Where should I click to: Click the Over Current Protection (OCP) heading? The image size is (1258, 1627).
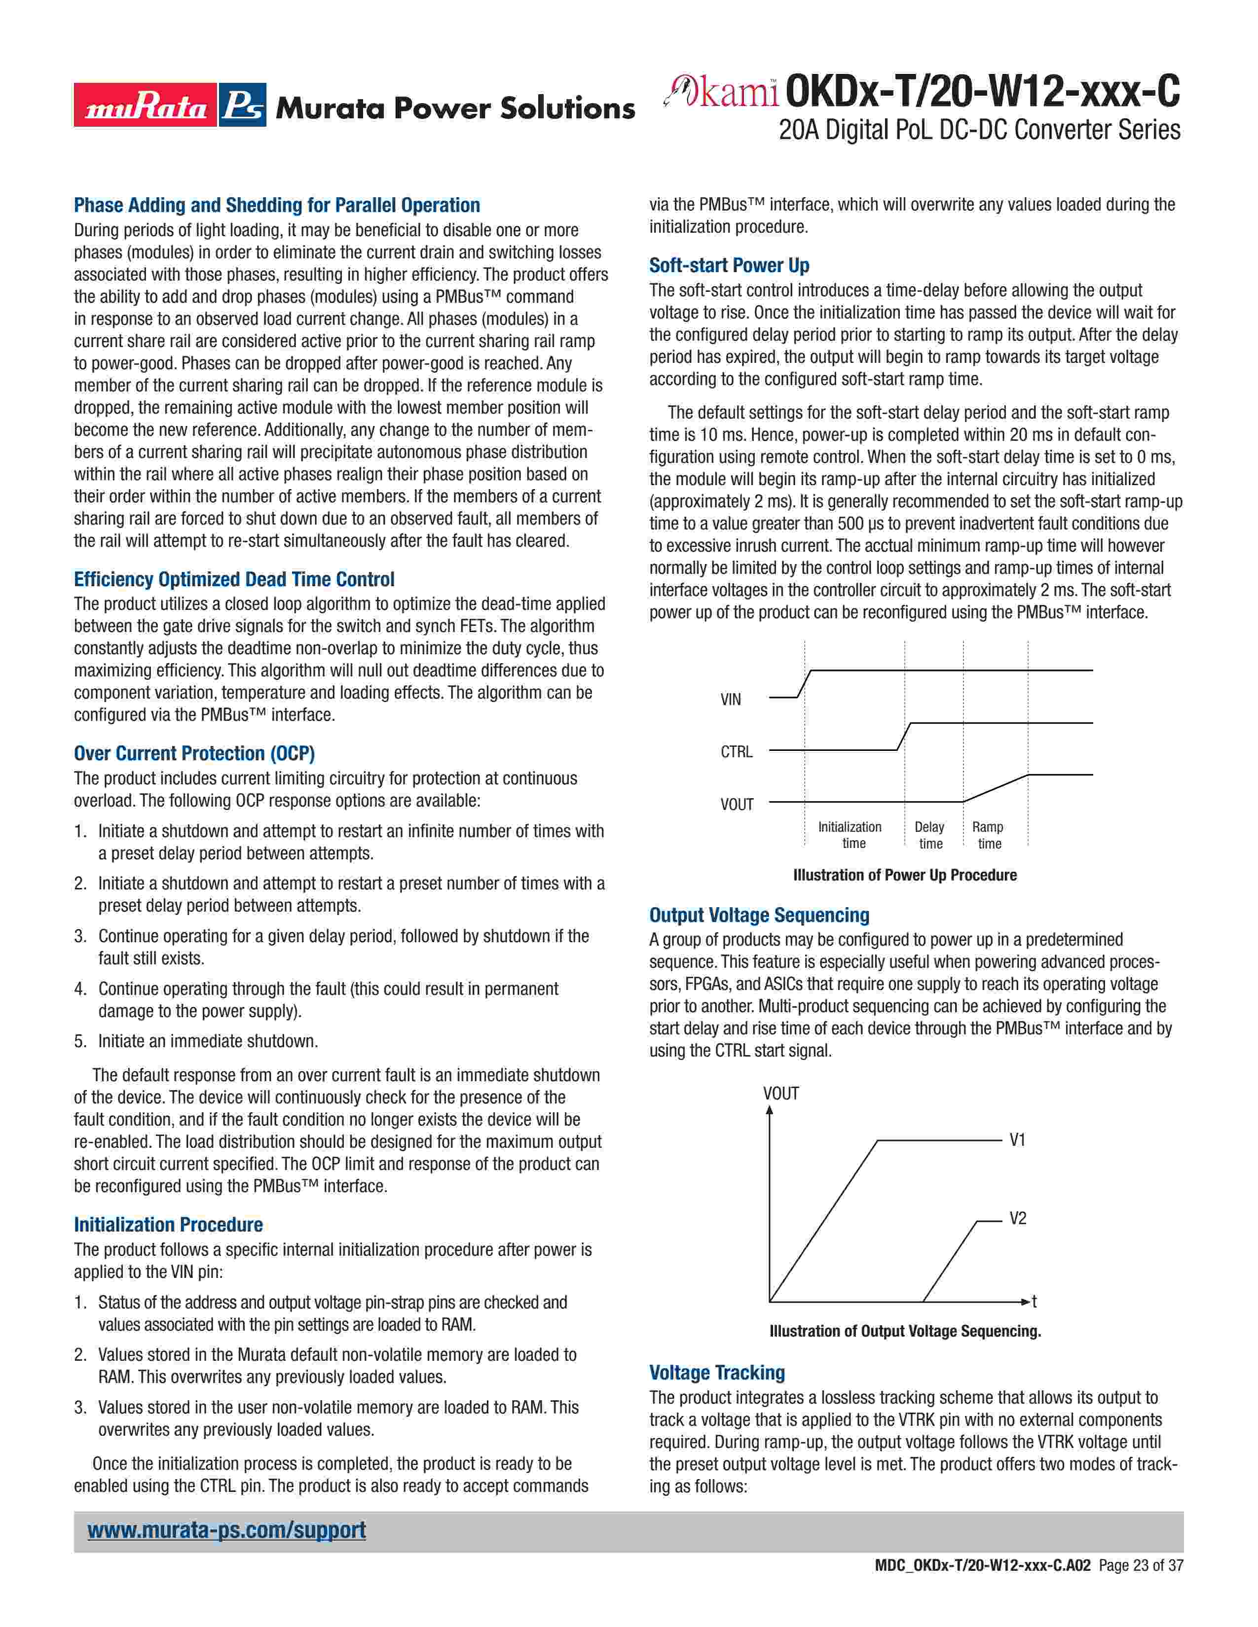194,753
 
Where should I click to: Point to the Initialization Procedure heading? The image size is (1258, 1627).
168,1225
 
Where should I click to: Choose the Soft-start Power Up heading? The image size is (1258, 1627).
729,265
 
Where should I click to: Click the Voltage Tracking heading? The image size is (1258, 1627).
717,1372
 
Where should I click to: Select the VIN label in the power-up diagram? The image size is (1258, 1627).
730,700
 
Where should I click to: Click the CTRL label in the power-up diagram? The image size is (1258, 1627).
737,752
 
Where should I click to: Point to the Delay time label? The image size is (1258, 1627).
929,835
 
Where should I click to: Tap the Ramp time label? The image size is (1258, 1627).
988,835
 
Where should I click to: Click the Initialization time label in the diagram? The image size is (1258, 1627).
851,835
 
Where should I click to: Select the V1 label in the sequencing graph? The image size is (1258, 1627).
1017,1140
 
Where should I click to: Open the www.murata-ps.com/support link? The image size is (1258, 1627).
226,1530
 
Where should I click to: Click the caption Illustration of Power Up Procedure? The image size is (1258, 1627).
905,875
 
